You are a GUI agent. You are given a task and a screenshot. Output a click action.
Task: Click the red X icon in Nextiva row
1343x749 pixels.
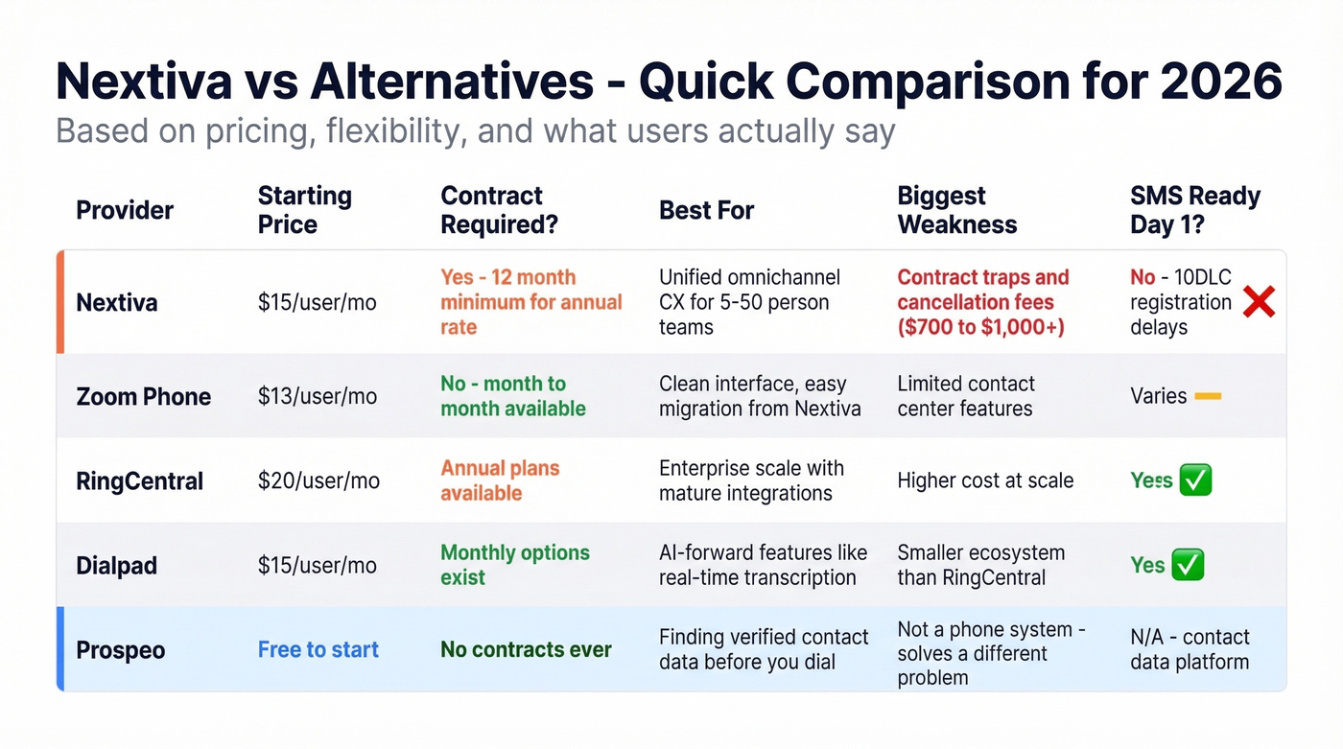pos(1258,303)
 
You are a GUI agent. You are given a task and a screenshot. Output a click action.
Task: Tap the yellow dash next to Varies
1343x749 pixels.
pos(1208,396)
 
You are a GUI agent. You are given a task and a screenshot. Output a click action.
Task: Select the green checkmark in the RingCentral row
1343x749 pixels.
pos(1195,480)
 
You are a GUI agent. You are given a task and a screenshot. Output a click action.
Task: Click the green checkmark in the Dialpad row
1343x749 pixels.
pos(1189,565)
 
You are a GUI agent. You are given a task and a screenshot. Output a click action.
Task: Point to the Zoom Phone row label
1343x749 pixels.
pos(143,396)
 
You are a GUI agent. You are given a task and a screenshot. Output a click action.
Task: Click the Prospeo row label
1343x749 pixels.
pos(121,649)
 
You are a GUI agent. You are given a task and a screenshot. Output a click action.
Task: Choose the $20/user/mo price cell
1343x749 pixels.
pos(318,480)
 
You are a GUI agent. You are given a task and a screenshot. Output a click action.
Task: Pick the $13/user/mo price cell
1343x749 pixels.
pos(317,396)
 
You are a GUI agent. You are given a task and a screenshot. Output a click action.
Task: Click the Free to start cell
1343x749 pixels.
pos(318,649)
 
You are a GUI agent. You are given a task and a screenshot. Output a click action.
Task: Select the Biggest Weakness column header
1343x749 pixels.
pos(956,210)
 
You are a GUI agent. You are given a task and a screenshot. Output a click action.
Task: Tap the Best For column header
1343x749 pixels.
pos(706,210)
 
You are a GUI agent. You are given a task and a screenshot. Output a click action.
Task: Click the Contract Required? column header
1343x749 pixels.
pos(499,210)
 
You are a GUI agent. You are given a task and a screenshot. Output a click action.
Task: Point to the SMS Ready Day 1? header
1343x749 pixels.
pos(1194,210)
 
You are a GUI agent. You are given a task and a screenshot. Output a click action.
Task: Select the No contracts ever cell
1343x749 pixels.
pos(526,649)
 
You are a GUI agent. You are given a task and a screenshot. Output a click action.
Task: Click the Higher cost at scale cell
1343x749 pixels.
pos(985,480)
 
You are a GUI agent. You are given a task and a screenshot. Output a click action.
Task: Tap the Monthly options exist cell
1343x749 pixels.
pos(514,565)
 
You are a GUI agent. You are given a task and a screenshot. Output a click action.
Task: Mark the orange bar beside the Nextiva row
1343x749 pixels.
pos(60,302)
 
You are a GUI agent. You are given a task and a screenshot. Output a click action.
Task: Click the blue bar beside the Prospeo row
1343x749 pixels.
pos(60,648)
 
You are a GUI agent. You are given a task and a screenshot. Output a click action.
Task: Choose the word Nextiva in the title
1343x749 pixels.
pos(144,82)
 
